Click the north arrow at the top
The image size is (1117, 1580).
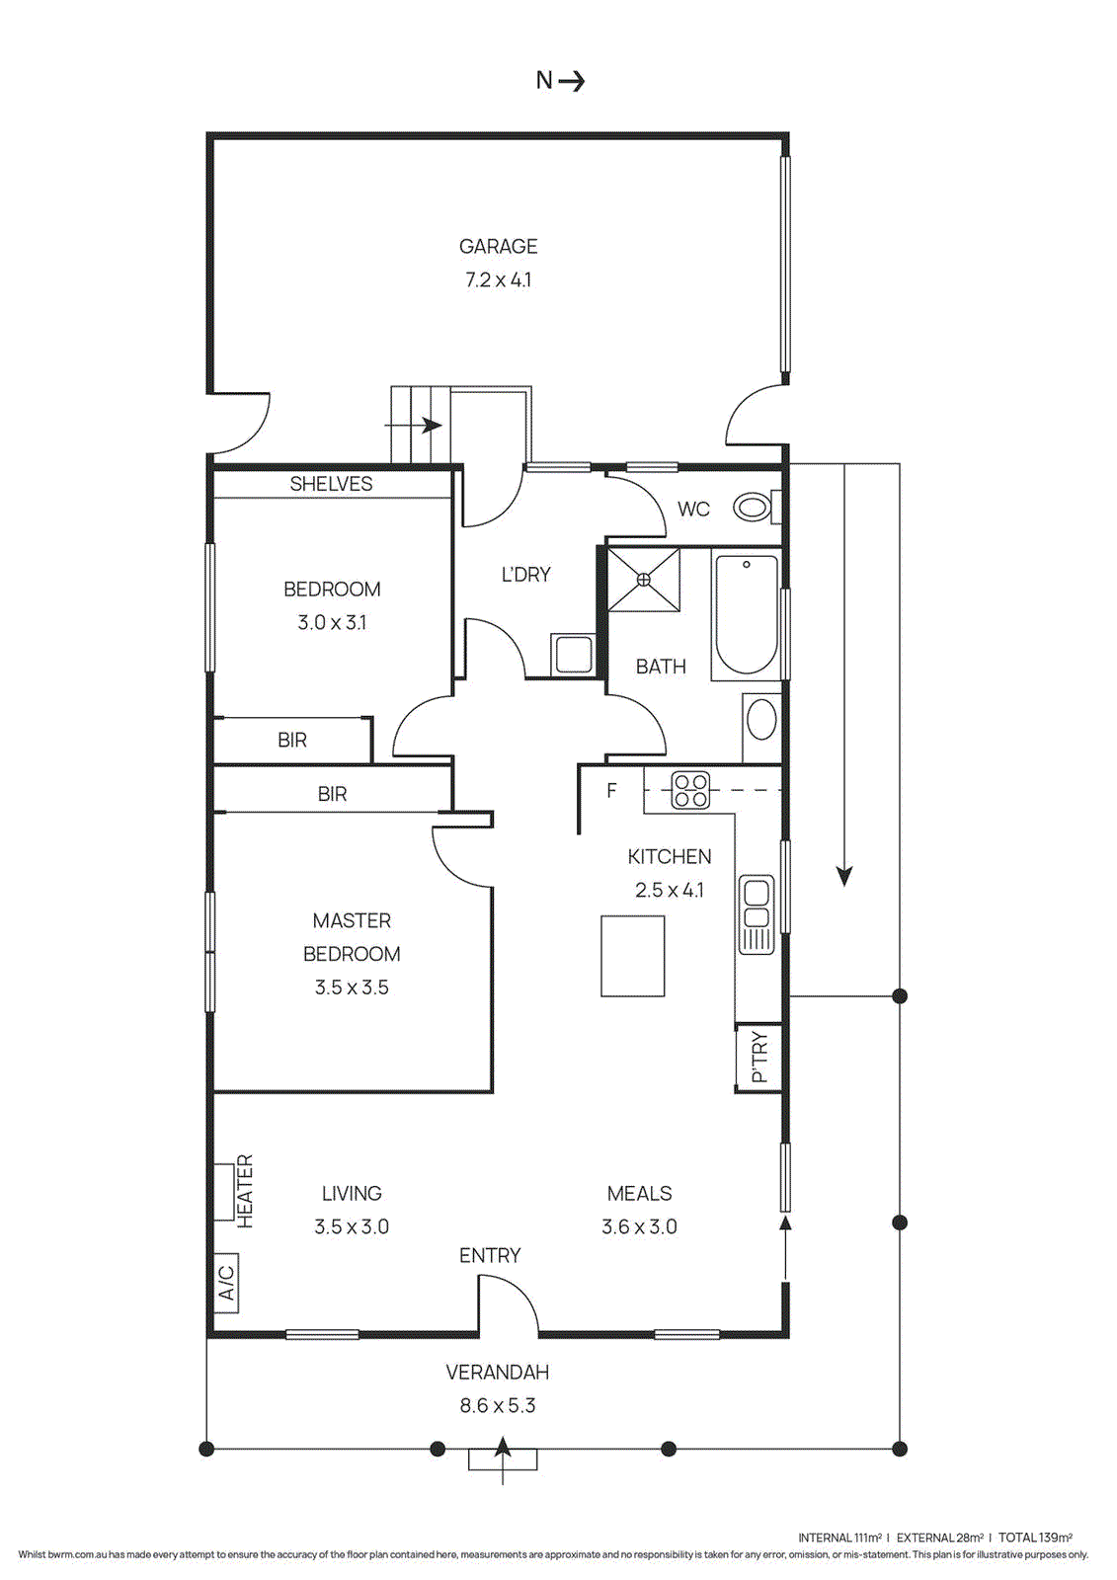click(x=560, y=81)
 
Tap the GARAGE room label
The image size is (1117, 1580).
click(x=498, y=246)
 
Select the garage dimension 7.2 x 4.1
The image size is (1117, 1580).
click(x=498, y=280)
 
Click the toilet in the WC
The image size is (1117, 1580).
click(x=755, y=508)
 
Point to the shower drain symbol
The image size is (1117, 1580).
click(x=643, y=580)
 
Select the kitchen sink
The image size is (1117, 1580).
click(x=757, y=914)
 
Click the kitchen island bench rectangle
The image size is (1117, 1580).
click(x=633, y=956)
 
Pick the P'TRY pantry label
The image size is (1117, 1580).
click(x=758, y=1058)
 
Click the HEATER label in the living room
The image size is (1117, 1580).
click(x=245, y=1192)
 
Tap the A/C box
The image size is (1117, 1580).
click(x=226, y=1282)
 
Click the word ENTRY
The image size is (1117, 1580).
click(x=490, y=1255)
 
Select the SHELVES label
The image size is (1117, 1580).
click(x=331, y=484)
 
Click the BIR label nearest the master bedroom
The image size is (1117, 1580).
click(x=332, y=794)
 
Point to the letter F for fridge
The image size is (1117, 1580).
click(x=611, y=790)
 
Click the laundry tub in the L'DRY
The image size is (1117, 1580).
click(x=573, y=654)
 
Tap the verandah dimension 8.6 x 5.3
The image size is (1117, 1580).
click(x=498, y=1406)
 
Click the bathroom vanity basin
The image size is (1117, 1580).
click(x=761, y=720)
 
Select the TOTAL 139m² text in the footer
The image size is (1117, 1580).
click(x=1035, y=1538)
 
